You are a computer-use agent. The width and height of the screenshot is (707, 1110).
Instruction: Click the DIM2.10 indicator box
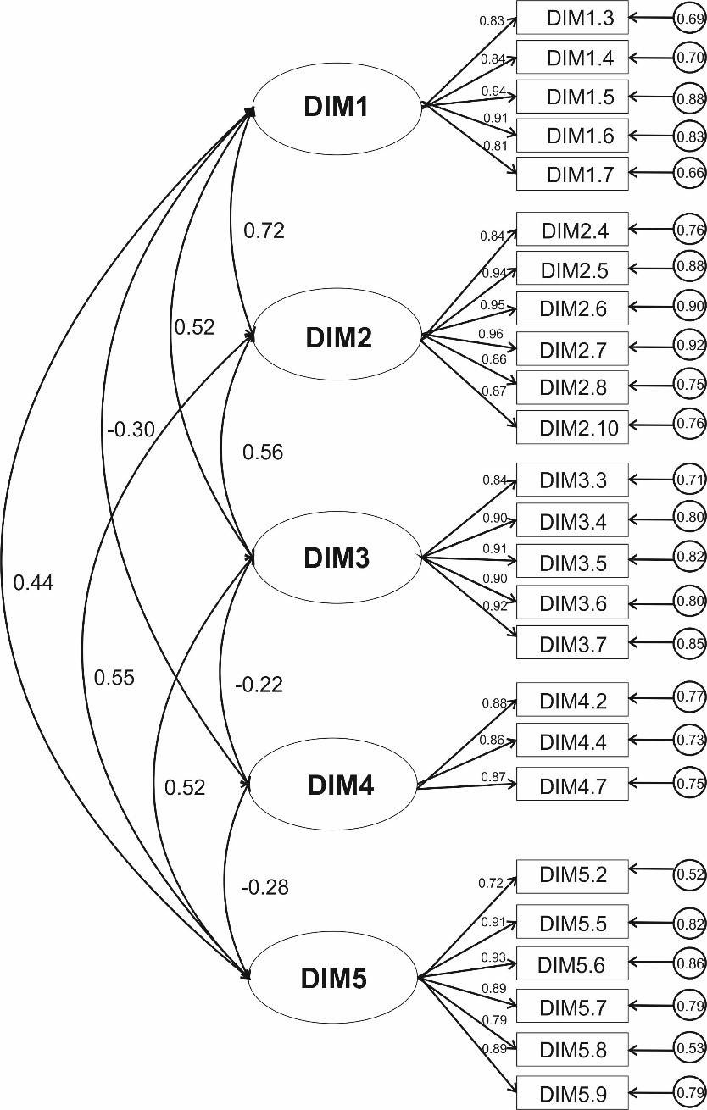click(x=572, y=427)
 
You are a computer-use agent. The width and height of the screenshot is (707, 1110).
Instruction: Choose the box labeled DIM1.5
click(x=572, y=97)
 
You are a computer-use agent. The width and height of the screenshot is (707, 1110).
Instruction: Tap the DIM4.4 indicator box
click(x=572, y=740)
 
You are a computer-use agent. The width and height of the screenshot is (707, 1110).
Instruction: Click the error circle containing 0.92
click(x=690, y=346)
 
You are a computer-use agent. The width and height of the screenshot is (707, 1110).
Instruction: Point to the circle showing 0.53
click(x=690, y=1051)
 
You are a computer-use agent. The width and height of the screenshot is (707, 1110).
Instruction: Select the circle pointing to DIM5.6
click(x=690, y=963)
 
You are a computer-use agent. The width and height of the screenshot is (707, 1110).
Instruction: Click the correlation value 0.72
click(x=264, y=230)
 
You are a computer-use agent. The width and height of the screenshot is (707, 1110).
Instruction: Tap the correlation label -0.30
click(x=131, y=430)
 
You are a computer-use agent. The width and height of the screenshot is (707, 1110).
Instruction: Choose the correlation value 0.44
click(x=34, y=582)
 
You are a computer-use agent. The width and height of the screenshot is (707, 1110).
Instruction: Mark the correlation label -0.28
click(x=264, y=887)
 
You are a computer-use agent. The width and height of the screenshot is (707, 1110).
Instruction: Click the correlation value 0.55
click(x=114, y=677)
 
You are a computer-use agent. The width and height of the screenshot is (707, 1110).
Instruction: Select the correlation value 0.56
click(x=263, y=452)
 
